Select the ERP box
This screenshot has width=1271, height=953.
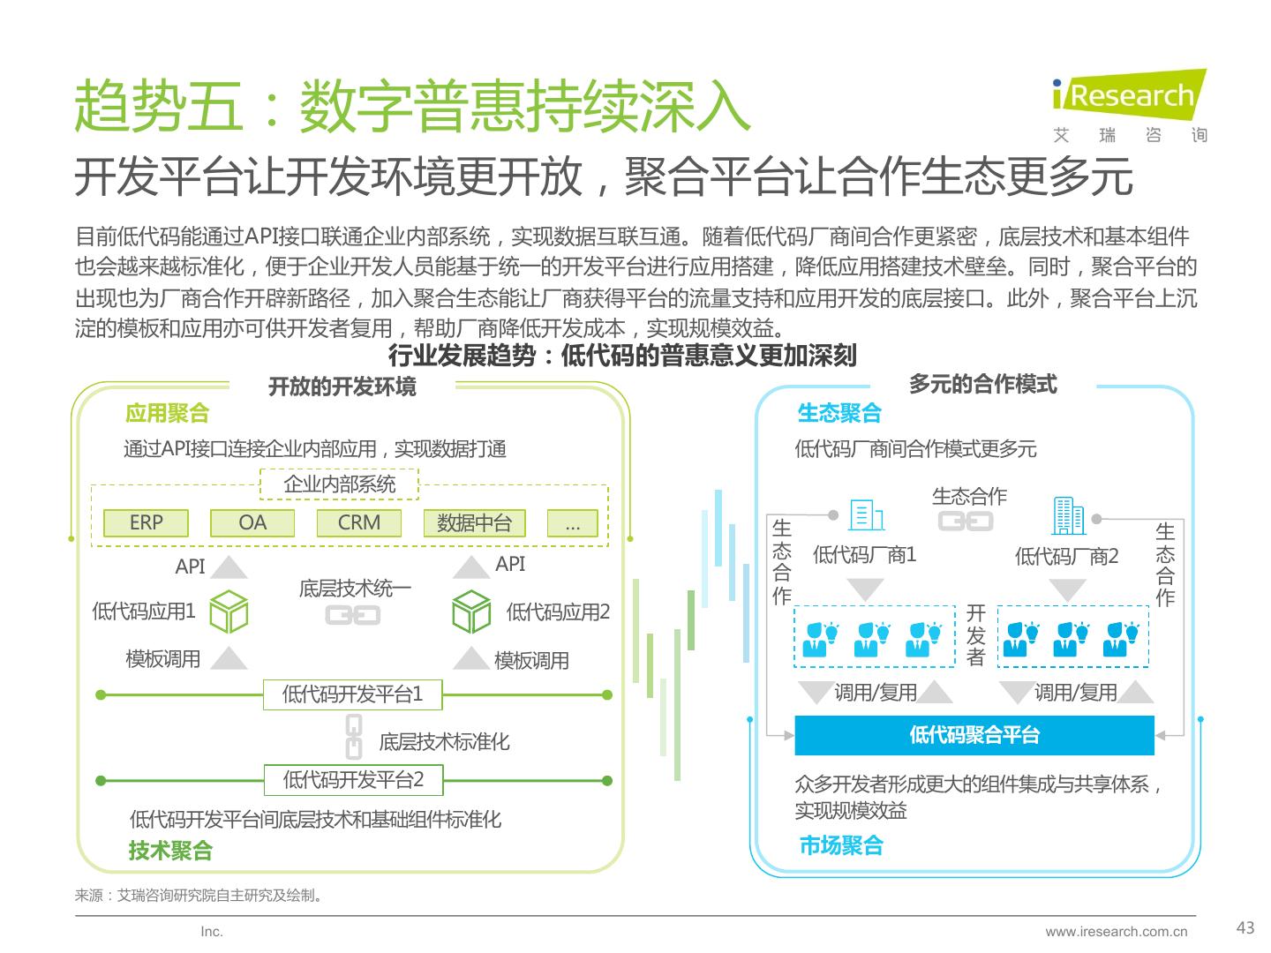(146, 522)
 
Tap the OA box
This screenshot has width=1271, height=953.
(252, 522)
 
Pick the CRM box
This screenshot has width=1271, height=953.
(359, 522)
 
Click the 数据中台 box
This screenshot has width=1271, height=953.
(474, 523)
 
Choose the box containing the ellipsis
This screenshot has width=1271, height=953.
(572, 523)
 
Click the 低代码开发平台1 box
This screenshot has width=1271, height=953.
(352, 694)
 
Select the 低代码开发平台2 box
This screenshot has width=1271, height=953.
(353, 780)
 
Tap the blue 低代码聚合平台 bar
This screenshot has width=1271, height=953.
(974, 735)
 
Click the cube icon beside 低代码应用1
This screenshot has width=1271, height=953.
(229, 611)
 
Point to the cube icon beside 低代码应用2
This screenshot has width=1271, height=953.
(470, 611)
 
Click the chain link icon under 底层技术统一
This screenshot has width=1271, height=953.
(353, 614)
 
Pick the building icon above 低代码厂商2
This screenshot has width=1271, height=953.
(1069, 515)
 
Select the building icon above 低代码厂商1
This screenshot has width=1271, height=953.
(866, 515)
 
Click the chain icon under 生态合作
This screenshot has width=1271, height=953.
(966, 522)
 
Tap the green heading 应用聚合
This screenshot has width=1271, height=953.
(168, 413)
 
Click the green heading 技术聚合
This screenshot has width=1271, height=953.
(170, 851)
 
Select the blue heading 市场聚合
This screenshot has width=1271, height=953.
(841, 845)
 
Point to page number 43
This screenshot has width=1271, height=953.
(1245, 927)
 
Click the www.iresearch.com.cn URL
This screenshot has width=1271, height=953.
(1117, 932)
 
